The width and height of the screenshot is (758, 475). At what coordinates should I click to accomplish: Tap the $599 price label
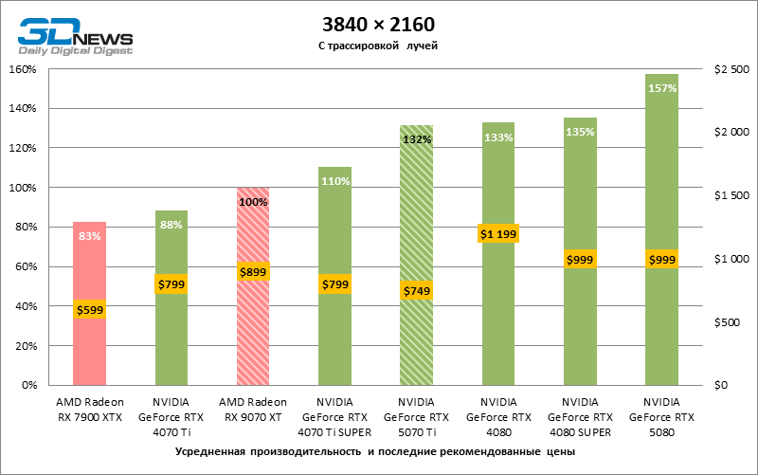pos(89,309)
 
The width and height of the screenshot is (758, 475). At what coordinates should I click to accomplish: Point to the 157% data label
pos(662,88)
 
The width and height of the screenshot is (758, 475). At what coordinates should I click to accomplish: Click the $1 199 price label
pos(498,233)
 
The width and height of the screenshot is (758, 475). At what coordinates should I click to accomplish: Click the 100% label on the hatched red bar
pos(253,202)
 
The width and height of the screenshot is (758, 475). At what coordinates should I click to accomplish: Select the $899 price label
pos(253,271)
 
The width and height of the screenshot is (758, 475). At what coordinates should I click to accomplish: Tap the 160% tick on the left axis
pos(22,69)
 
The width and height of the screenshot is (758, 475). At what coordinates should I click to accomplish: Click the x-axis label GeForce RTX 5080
pos(661,416)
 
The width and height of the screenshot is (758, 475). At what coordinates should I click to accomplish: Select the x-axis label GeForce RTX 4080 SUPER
pos(580,416)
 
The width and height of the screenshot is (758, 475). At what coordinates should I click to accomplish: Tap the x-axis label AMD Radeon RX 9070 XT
pos(253,410)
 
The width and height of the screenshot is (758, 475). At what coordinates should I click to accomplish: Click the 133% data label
pos(498,137)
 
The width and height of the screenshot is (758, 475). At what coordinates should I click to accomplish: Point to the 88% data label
pos(171,225)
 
